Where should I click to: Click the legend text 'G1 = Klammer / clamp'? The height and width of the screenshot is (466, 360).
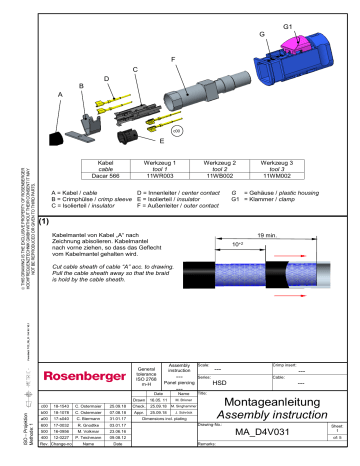pyautogui.click(x=269, y=198)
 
